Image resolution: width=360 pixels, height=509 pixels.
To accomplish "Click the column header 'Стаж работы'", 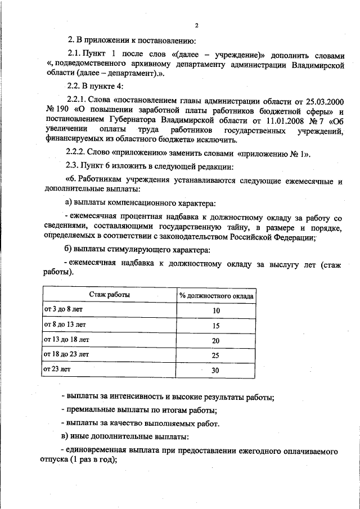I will point(109,295).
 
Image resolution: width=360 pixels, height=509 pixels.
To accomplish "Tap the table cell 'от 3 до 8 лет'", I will point(63,310).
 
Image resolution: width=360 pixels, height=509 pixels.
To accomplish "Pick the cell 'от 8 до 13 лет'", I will point(65,325).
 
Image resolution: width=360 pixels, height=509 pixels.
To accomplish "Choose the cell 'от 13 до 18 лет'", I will point(66,340).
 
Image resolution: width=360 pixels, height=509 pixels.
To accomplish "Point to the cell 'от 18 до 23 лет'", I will point(66,354).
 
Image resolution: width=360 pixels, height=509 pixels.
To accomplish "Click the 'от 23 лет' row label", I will point(57,369).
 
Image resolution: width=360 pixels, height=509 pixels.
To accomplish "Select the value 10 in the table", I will point(216,311).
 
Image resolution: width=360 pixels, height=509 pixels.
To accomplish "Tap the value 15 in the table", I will point(216,326).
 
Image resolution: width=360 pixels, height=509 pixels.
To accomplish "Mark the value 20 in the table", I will point(216,341).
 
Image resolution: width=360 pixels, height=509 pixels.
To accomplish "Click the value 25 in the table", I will point(216,355).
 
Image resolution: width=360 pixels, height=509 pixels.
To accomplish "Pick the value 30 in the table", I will point(216,371).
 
